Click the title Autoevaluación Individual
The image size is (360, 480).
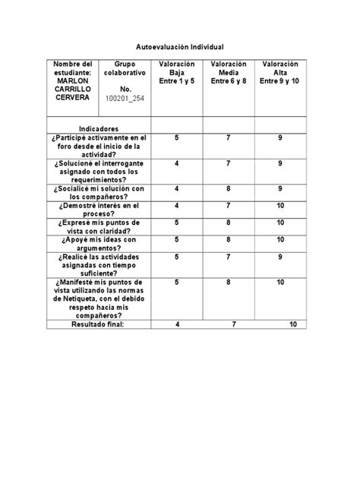coord(180,47)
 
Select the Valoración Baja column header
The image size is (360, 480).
coord(176,73)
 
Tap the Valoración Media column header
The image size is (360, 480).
coord(229,73)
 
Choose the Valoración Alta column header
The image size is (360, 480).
coord(279,73)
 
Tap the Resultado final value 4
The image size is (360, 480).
coord(177,324)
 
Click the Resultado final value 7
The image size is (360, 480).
coord(233,324)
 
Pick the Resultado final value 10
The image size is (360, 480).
coord(292,324)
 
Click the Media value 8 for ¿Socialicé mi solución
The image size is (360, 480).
coord(229,188)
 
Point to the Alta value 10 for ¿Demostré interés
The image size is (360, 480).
coord(280,205)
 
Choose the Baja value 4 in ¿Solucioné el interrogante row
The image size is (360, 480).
coord(176,163)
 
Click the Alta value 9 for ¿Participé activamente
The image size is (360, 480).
coord(280,137)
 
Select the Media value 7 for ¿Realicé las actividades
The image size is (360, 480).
coord(229,257)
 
